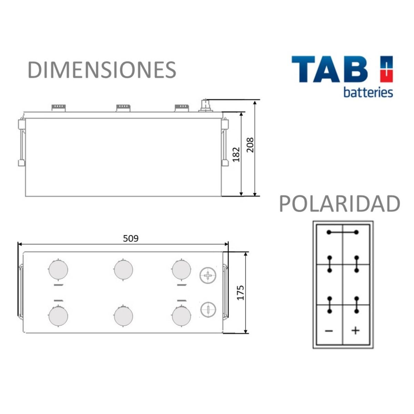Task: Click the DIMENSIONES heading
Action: tap(102, 70)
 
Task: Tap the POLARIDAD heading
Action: tap(339, 204)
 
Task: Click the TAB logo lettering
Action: tap(330, 70)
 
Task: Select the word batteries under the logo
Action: tap(368, 92)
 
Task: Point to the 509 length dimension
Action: tap(131, 238)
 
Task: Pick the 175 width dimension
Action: tap(240, 292)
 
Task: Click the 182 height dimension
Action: tap(236, 154)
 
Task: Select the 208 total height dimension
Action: tap(250, 145)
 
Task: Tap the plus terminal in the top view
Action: tap(208, 275)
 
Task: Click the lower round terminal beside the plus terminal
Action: tap(208, 309)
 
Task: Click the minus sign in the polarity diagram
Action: tap(329, 331)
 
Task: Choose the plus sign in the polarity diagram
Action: tap(355, 331)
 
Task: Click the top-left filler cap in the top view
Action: tap(58, 269)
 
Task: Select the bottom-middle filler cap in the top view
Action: tap(123, 316)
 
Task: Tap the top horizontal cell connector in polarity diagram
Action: tap(343, 232)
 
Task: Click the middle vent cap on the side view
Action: tap(123, 108)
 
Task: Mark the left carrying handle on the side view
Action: tap(21, 142)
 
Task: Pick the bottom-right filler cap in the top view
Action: tap(181, 316)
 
